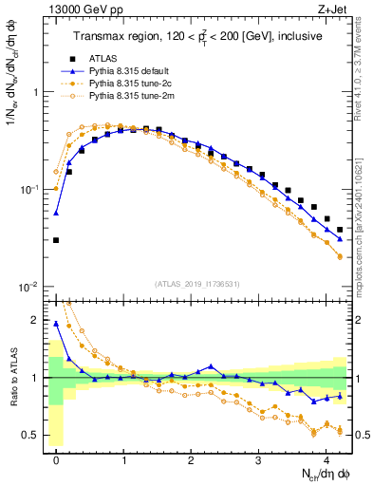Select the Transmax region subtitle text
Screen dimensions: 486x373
pyautogui.click(x=196, y=36)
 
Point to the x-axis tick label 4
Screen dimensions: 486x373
pyautogui.click(x=326, y=459)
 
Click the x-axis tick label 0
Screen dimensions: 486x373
pyautogui.click(x=57, y=459)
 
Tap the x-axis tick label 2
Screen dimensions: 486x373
pyautogui.click(x=192, y=459)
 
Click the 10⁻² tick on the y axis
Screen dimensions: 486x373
pyautogui.click(x=28, y=288)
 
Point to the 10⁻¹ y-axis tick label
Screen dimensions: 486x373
pyautogui.click(x=28, y=190)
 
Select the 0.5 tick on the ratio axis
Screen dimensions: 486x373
pyautogui.click(x=30, y=436)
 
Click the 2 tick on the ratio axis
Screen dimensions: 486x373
pyautogui.click(x=36, y=320)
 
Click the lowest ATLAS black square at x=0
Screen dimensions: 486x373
pyautogui.click(x=57, y=240)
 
